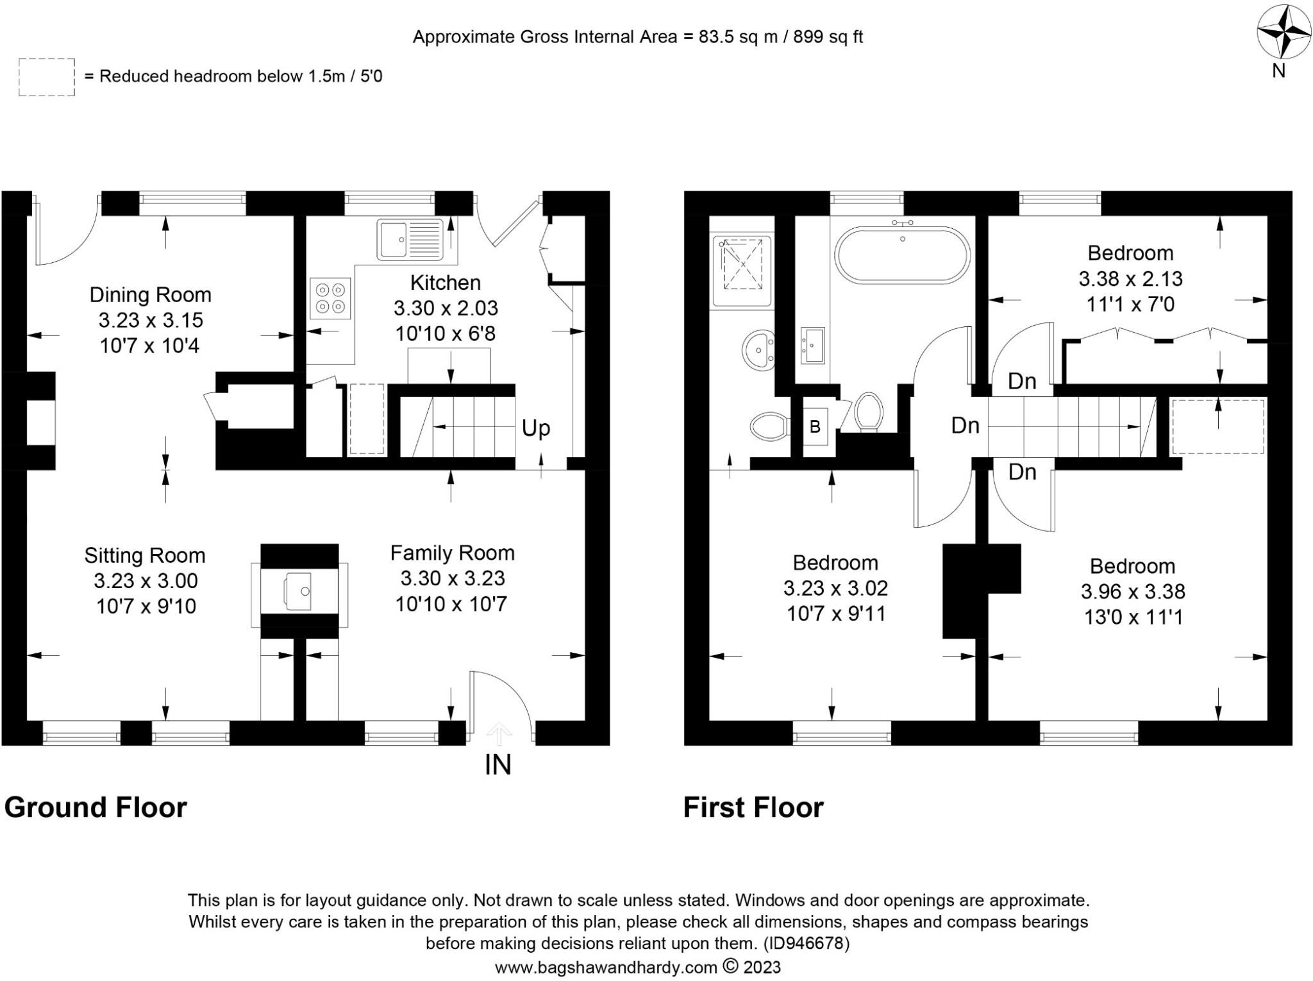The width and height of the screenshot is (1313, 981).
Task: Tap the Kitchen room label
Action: click(x=445, y=283)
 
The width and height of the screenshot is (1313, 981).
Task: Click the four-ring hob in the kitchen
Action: click(x=330, y=298)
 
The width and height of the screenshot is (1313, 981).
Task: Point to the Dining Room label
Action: click(x=150, y=295)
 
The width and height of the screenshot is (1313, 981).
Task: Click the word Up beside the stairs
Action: click(x=535, y=428)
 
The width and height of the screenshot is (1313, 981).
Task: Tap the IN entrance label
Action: click(x=498, y=765)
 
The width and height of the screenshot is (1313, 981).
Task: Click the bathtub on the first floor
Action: click(x=902, y=255)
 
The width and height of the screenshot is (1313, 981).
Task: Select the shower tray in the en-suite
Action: click(x=742, y=264)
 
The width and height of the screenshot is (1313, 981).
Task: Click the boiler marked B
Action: click(x=815, y=426)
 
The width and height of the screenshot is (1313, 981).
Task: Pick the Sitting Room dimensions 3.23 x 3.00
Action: click(x=146, y=581)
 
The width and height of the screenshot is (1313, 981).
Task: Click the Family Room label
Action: click(x=452, y=553)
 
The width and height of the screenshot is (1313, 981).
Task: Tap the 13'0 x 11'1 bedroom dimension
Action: click(x=1133, y=617)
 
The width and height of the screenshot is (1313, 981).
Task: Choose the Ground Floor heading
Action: click(x=96, y=807)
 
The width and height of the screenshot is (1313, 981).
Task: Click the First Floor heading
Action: click(x=753, y=807)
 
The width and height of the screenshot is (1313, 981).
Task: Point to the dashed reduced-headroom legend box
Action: click(x=46, y=77)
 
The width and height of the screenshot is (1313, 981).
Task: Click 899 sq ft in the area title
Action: click(x=828, y=37)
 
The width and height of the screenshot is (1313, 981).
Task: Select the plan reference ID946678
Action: click(x=806, y=943)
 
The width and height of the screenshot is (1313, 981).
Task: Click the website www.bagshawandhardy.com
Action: click(x=605, y=967)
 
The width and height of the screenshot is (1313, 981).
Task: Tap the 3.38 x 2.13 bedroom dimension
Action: click(x=1130, y=279)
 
